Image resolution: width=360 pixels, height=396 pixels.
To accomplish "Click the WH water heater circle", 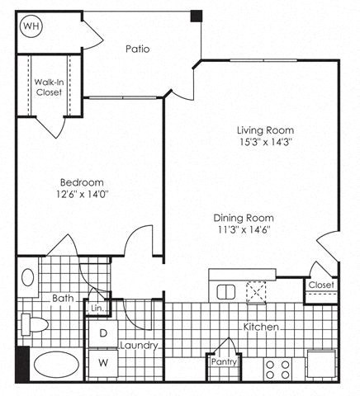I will pos(31,26).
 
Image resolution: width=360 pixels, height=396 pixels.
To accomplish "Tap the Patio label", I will pos(137,49).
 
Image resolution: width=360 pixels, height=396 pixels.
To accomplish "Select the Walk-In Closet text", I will pos(48,87).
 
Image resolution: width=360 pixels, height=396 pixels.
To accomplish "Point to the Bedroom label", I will pos(81,182).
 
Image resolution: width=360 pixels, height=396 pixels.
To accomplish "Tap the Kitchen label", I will pos(259,328).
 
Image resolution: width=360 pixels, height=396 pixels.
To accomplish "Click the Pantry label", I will pos(223,361).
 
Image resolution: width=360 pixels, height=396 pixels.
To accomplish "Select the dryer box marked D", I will pos(104,333).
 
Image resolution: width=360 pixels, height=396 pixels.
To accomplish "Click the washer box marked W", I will pos(104,361).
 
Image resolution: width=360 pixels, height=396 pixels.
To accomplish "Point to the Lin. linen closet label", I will pos(97,307).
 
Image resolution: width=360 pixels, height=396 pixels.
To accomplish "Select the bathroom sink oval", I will pos(27,277).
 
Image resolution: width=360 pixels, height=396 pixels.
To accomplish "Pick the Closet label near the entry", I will pos(320,285).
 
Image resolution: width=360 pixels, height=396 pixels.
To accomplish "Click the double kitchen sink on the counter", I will pos(225,291).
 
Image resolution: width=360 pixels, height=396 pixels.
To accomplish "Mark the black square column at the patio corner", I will pos(197,15).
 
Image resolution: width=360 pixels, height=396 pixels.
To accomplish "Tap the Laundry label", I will pos(138,346).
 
